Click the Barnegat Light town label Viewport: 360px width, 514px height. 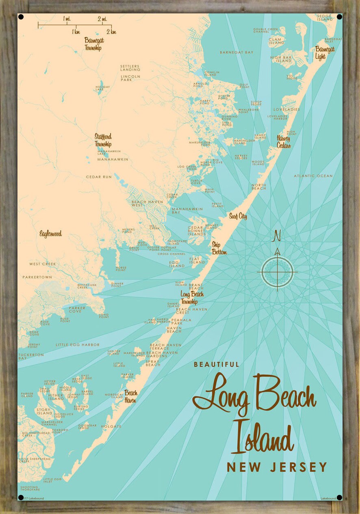point(325,53)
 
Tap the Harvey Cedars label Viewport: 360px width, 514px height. point(284,142)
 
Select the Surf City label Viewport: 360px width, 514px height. point(238,216)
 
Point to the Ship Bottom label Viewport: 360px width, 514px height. point(219,248)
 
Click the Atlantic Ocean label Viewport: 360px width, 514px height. point(313,176)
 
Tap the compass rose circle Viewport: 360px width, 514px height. point(277,272)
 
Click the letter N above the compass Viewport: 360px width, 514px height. point(277,236)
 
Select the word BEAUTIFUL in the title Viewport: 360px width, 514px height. point(217,365)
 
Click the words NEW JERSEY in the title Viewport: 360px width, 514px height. point(277,467)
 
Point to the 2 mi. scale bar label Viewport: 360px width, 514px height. point(102,19)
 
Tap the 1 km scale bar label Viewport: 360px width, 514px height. point(76,32)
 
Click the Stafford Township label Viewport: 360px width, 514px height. point(103,140)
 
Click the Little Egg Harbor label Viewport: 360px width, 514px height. point(78,345)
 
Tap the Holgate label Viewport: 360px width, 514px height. point(111,426)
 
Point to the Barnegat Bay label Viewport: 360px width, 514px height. point(236,52)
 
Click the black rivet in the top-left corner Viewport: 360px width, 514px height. point(21,17)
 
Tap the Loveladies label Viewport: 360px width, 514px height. point(286,110)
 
